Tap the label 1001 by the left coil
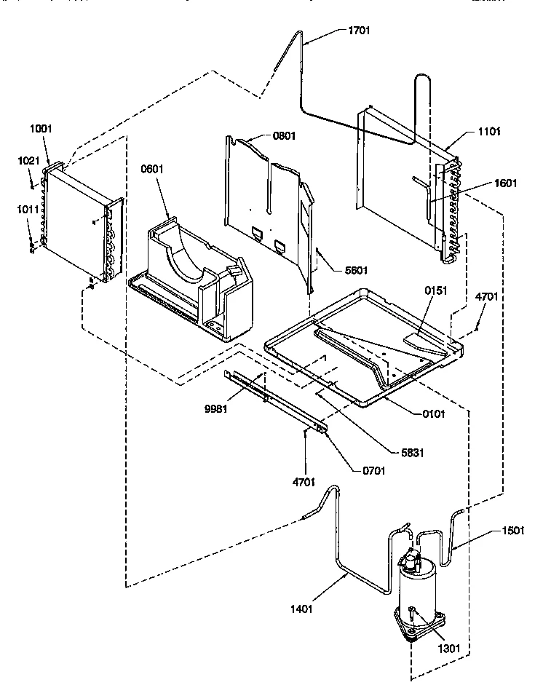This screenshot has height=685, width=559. point(41,129)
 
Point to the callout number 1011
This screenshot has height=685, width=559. point(28,209)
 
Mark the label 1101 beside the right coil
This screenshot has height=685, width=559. point(490,132)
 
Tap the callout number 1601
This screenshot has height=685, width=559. point(505,183)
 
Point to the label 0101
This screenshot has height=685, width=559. point(432,413)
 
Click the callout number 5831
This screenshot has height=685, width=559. point(412,453)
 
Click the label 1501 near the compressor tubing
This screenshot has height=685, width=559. point(512,530)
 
